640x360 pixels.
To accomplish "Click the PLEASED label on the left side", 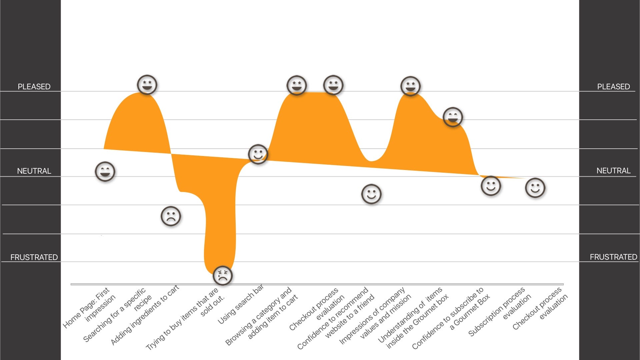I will (34, 87).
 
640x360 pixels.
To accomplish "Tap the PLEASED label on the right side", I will (613, 87).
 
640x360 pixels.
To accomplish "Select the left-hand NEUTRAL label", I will (34, 171).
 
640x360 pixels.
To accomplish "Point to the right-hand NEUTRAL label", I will (613, 171).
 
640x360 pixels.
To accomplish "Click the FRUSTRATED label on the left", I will (34, 257).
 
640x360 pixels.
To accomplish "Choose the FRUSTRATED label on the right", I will (613, 257).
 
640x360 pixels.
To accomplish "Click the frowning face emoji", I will (171, 216).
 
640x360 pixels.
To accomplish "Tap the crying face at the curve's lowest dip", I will (222, 275).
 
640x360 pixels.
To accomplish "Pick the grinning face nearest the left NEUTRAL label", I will (105, 172).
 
